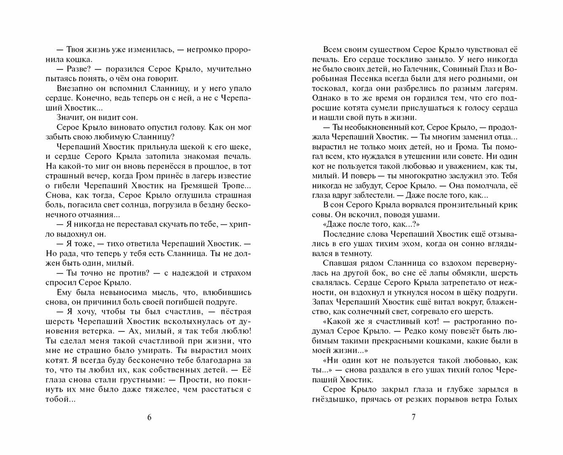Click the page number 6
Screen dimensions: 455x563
tap(149, 418)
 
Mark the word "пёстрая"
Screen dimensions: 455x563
tap(236, 312)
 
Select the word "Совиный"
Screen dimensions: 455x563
tap(449, 69)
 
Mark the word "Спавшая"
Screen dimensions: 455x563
tap(339, 263)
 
